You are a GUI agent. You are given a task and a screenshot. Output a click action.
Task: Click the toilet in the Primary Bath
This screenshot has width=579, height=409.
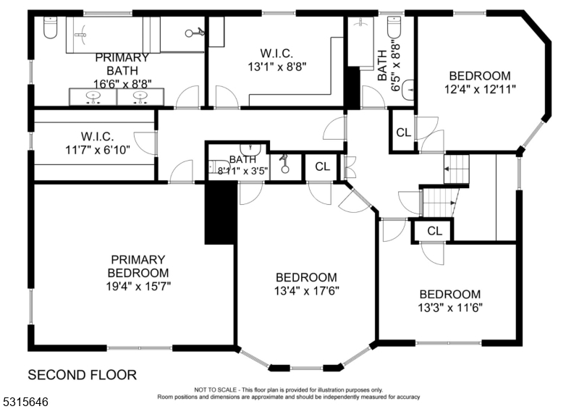point(50,28)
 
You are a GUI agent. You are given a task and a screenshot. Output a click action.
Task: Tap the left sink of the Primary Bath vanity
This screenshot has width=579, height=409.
point(93,97)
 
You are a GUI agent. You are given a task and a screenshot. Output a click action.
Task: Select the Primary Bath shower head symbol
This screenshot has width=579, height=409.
point(195,33)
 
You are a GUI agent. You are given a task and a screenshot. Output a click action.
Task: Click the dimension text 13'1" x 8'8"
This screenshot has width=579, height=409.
point(277,67)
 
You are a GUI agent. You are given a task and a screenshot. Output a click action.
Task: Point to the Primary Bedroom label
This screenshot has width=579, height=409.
point(138,266)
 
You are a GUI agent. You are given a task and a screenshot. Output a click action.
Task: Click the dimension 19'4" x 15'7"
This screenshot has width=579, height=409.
point(138,286)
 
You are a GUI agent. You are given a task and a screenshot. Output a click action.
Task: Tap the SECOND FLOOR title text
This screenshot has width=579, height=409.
point(83,375)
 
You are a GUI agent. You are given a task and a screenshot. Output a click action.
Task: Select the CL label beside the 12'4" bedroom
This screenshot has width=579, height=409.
point(403,132)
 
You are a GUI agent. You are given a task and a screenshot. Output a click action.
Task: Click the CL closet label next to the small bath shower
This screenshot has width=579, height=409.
point(322,166)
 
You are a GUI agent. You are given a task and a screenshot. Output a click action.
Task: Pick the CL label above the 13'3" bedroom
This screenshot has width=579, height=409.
point(435,231)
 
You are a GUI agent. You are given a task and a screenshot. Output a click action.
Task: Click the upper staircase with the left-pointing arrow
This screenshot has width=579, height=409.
point(456,169)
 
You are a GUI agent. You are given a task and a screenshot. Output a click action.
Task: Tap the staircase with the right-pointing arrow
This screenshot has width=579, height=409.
point(439,203)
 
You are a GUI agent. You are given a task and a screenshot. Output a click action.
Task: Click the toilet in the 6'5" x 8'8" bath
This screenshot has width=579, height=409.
point(394,27)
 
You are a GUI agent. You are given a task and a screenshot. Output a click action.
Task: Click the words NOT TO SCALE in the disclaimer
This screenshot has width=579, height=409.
point(216,389)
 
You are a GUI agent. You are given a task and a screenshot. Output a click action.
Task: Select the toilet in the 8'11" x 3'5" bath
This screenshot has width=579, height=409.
point(218,167)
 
